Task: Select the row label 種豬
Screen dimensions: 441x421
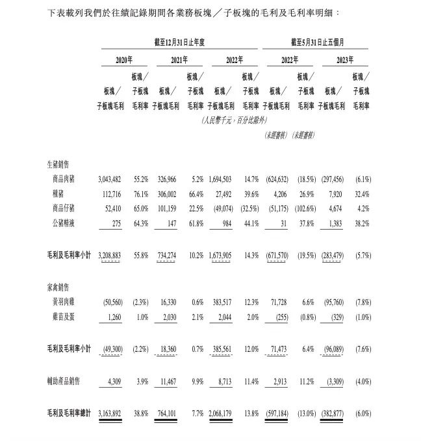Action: [58, 193]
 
